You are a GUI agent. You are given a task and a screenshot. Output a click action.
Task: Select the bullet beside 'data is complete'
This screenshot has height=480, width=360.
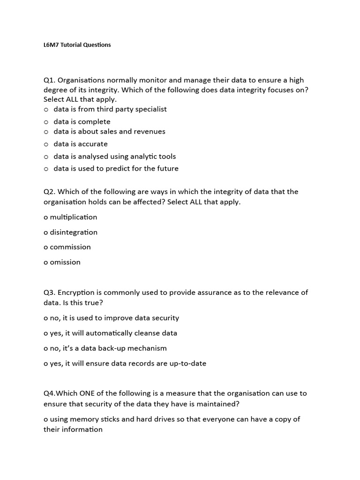tap(46, 122)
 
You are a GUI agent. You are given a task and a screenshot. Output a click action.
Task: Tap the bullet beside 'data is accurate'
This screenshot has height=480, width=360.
tap(46, 144)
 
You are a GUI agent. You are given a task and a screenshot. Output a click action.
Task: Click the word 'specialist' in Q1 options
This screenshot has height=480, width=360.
tap(150, 109)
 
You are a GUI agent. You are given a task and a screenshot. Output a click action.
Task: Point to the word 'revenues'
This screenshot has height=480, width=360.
tap(147, 132)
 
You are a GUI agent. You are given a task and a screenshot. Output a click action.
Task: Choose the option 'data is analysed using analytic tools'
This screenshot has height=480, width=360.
tap(114, 157)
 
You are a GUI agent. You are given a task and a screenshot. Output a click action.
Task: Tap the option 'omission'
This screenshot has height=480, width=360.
tap(65, 262)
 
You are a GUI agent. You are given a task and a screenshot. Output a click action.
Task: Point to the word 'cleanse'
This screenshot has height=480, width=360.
tap(146, 333)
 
